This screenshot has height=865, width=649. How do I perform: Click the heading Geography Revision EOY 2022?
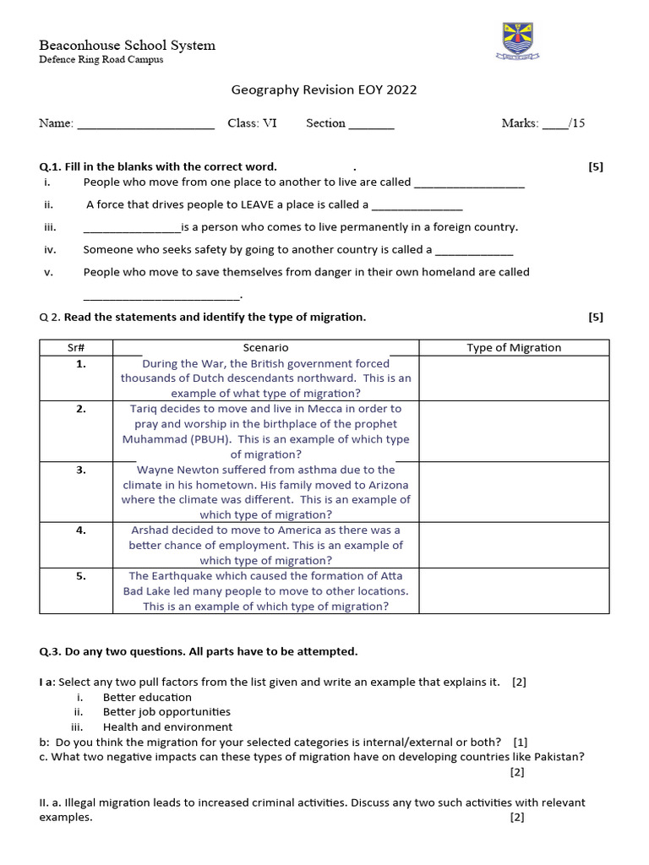coord(324,90)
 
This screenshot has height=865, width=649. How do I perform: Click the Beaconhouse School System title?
coord(127,45)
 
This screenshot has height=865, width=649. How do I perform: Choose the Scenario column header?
coord(266,347)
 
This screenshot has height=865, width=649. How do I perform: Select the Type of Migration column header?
coord(514,347)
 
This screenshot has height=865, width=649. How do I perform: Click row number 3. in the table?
coord(81,470)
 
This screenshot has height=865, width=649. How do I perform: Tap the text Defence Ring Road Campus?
coord(101,60)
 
